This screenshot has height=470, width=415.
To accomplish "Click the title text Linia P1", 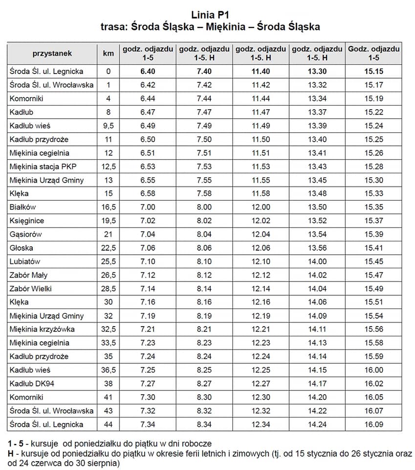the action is (x=210, y=15).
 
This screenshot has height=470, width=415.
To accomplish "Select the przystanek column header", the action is (x=52, y=53).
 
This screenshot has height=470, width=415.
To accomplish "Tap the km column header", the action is (x=109, y=53).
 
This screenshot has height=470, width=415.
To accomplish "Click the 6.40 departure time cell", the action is (x=148, y=71).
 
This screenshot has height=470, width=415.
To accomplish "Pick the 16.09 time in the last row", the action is (x=374, y=424).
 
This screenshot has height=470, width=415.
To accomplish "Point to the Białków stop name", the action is (x=23, y=207).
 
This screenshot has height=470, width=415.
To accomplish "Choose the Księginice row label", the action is (x=26, y=221).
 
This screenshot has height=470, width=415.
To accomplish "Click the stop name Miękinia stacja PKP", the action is (x=43, y=166).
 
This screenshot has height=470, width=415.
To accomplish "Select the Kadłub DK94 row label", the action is (x=32, y=383).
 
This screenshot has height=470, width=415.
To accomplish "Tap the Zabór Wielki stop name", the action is (x=30, y=288).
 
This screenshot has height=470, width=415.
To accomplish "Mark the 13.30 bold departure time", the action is (x=317, y=71).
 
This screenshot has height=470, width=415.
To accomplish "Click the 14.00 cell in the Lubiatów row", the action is (x=317, y=261).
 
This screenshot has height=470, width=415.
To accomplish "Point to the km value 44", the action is (x=109, y=424).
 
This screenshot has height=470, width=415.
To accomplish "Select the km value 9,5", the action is (x=109, y=126).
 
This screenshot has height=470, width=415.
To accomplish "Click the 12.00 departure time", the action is (x=261, y=207).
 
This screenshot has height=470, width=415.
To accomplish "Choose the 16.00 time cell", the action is (x=374, y=370).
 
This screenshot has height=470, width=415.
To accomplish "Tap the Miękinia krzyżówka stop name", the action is (x=42, y=329).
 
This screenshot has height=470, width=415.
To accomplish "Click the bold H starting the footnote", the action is (x=10, y=453).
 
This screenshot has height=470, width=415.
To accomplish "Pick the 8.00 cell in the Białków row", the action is (x=204, y=207).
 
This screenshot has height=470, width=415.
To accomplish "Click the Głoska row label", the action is (x=21, y=248).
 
